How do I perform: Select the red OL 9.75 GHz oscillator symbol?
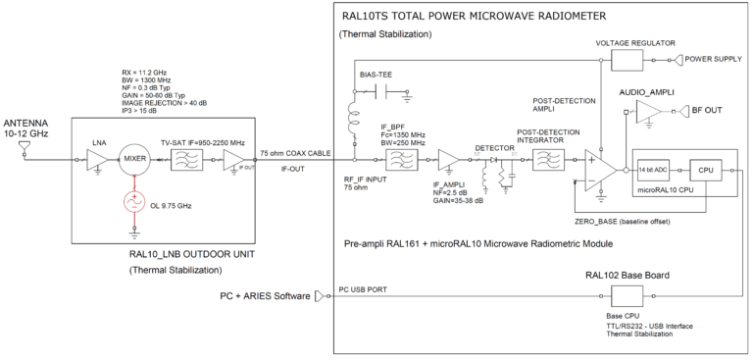(x=131, y=202)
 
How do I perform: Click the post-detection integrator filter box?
(x=540, y=161)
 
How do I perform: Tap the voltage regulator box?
(x=628, y=60)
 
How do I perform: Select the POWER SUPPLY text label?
(x=716, y=60)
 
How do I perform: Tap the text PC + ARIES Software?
(x=265, y=295)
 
